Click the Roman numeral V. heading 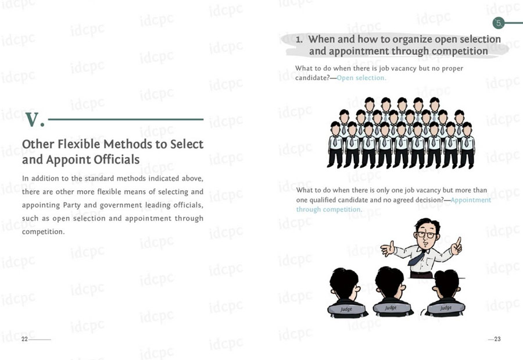tap(34, 120)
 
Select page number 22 tap(24, 339)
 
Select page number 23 tap(497, 339)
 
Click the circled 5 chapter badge tap(499, 23)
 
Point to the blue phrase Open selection tap(361, 78)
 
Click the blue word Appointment tap(471, 200)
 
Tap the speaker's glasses tap(425, 234)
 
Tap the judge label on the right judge tap(446, 308)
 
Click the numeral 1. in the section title tap(299, 40)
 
